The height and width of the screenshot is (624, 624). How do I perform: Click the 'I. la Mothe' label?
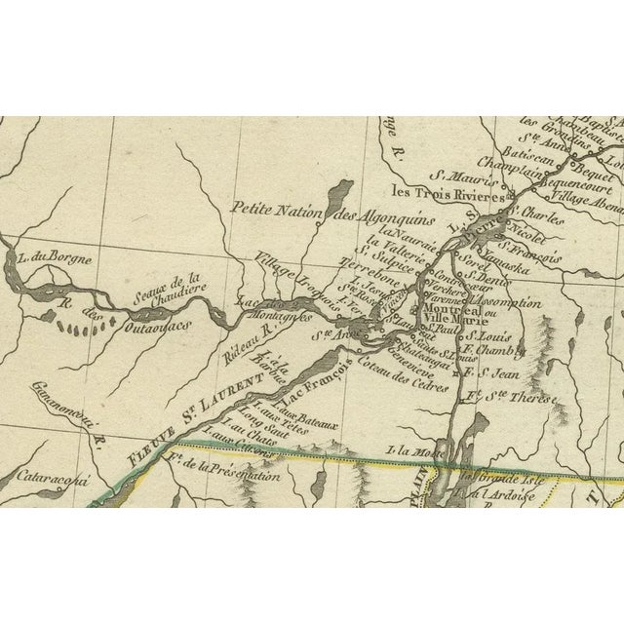pos(409,449)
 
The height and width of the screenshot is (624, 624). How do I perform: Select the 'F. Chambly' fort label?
pos(491,351)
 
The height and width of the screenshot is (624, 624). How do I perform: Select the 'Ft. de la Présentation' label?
pos(223,476)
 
